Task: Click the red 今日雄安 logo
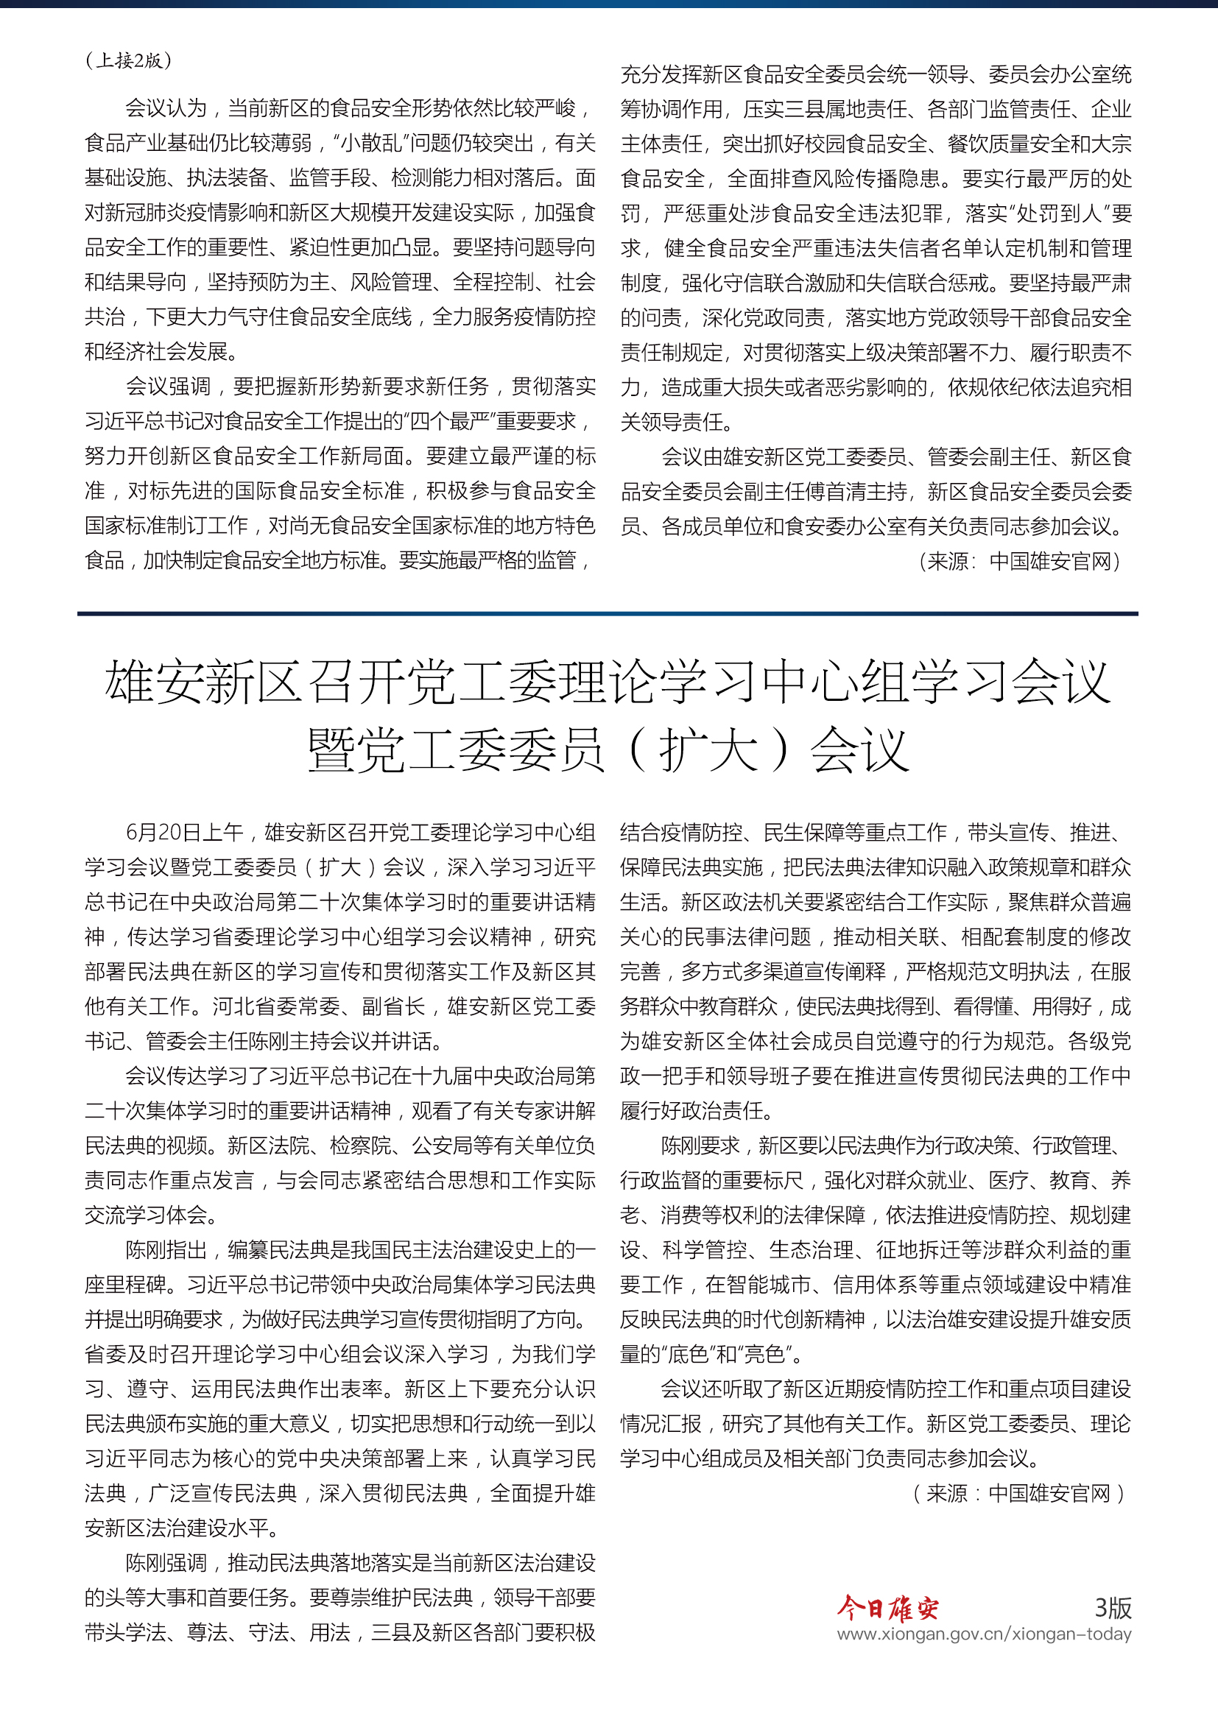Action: pos(887,1608)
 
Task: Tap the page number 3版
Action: pos(1113,1606)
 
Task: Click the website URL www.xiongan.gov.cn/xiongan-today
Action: pos(983,1634)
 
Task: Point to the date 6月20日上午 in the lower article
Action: pos(184,832)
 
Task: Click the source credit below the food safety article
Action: pos(1020,561)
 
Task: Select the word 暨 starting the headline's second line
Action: pos(331,751)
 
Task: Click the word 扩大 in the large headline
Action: pos(708,751)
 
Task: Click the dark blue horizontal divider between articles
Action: pos(608,613)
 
